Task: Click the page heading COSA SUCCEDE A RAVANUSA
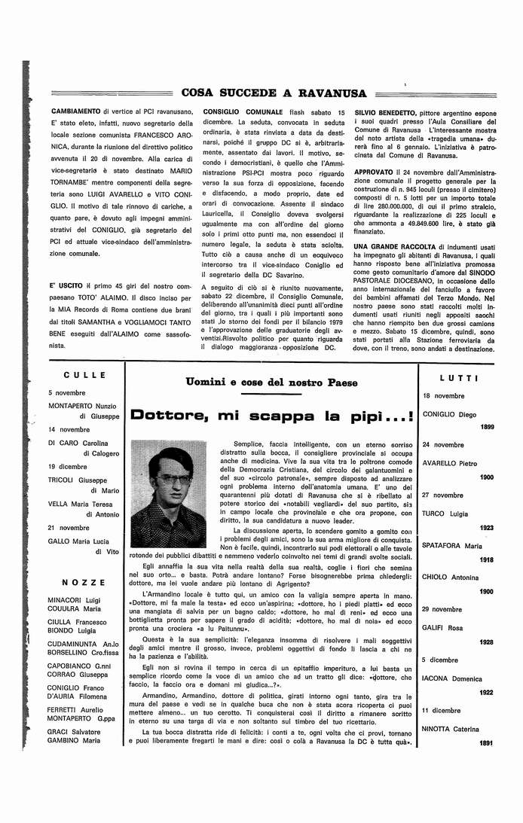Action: pyautogui.click(x=274, y=93)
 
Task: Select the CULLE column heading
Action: pyautogui.click(x=84, y=375)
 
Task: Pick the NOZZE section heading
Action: pyautogui.click(x=84, y=583)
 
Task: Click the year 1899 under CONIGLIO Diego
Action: pyautogui.click(x=486, y=427)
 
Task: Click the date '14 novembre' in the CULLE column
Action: pyautogui.click(x=69, y=429)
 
